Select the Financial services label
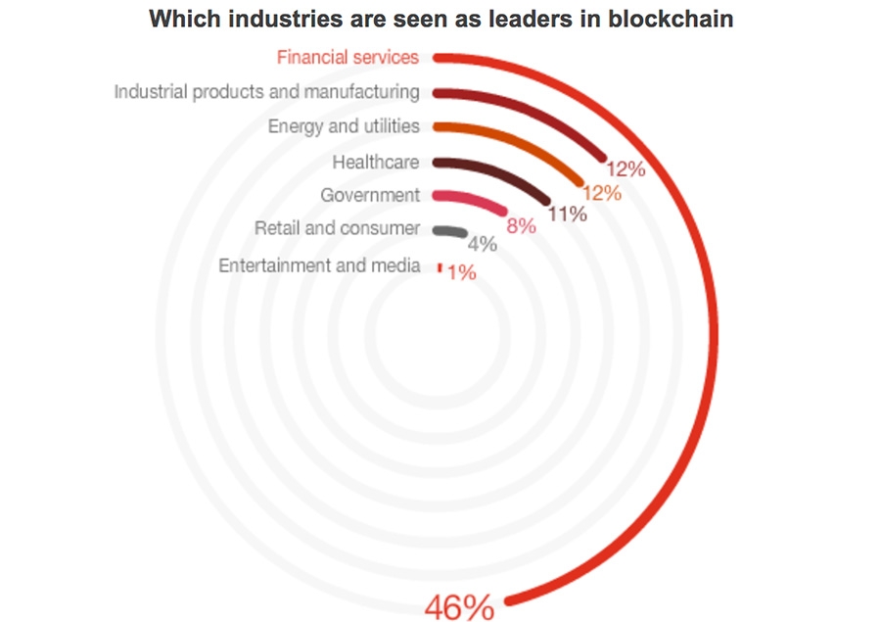tap(348, 57)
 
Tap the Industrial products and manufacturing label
tap(266, 92)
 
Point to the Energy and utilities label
tap(344, 126)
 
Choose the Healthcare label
tap(376, 161)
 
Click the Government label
tap(370, 195)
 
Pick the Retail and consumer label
tap(337, 228)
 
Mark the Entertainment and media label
tap(319, 265)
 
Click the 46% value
tap(458, 607)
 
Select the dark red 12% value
tap(626, 168)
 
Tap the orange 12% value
tap(601, 192)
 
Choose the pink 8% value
tap(520, 225)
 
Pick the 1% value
tap(461, 273)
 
